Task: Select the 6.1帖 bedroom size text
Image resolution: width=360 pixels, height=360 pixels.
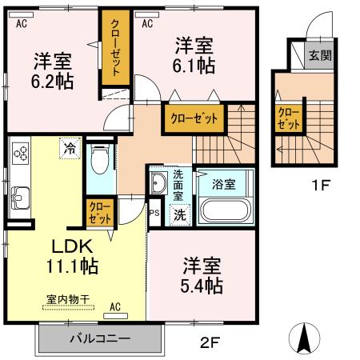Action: [192, 66]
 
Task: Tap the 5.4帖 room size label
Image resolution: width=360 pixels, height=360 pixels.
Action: [201, 285]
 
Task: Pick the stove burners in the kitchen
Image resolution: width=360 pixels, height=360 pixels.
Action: [20, 152]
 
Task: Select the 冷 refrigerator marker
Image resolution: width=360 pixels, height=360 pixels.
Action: [70, 147]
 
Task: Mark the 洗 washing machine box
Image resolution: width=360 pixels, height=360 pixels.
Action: [180, 214]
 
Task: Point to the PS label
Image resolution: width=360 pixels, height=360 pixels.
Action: [154, 213]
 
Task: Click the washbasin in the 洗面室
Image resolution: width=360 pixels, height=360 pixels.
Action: [157, 182]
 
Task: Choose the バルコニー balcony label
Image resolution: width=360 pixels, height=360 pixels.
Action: [99, 339]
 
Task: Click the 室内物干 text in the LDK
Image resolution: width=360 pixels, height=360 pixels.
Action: [67, 299]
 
